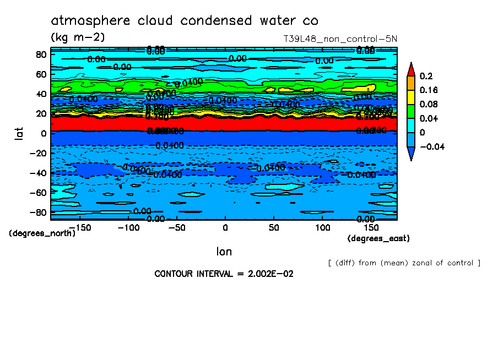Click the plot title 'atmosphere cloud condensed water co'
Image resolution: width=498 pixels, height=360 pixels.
click(185, 21)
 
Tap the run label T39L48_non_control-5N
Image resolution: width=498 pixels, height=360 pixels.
click(340, 39)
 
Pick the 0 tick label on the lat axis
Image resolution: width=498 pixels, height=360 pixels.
click(43, 133)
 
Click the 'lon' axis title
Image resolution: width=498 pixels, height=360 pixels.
click(224, 252)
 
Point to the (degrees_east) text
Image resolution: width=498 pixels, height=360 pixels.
click(378, 238)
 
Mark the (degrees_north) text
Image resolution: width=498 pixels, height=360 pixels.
click(42, 233)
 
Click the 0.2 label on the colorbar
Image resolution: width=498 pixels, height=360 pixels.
click(425, 75)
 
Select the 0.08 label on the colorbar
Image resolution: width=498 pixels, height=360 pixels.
click(428, 104)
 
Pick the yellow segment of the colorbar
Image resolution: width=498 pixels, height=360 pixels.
click(410, 97)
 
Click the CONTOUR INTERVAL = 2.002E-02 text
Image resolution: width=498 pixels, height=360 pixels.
click(224, 274)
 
